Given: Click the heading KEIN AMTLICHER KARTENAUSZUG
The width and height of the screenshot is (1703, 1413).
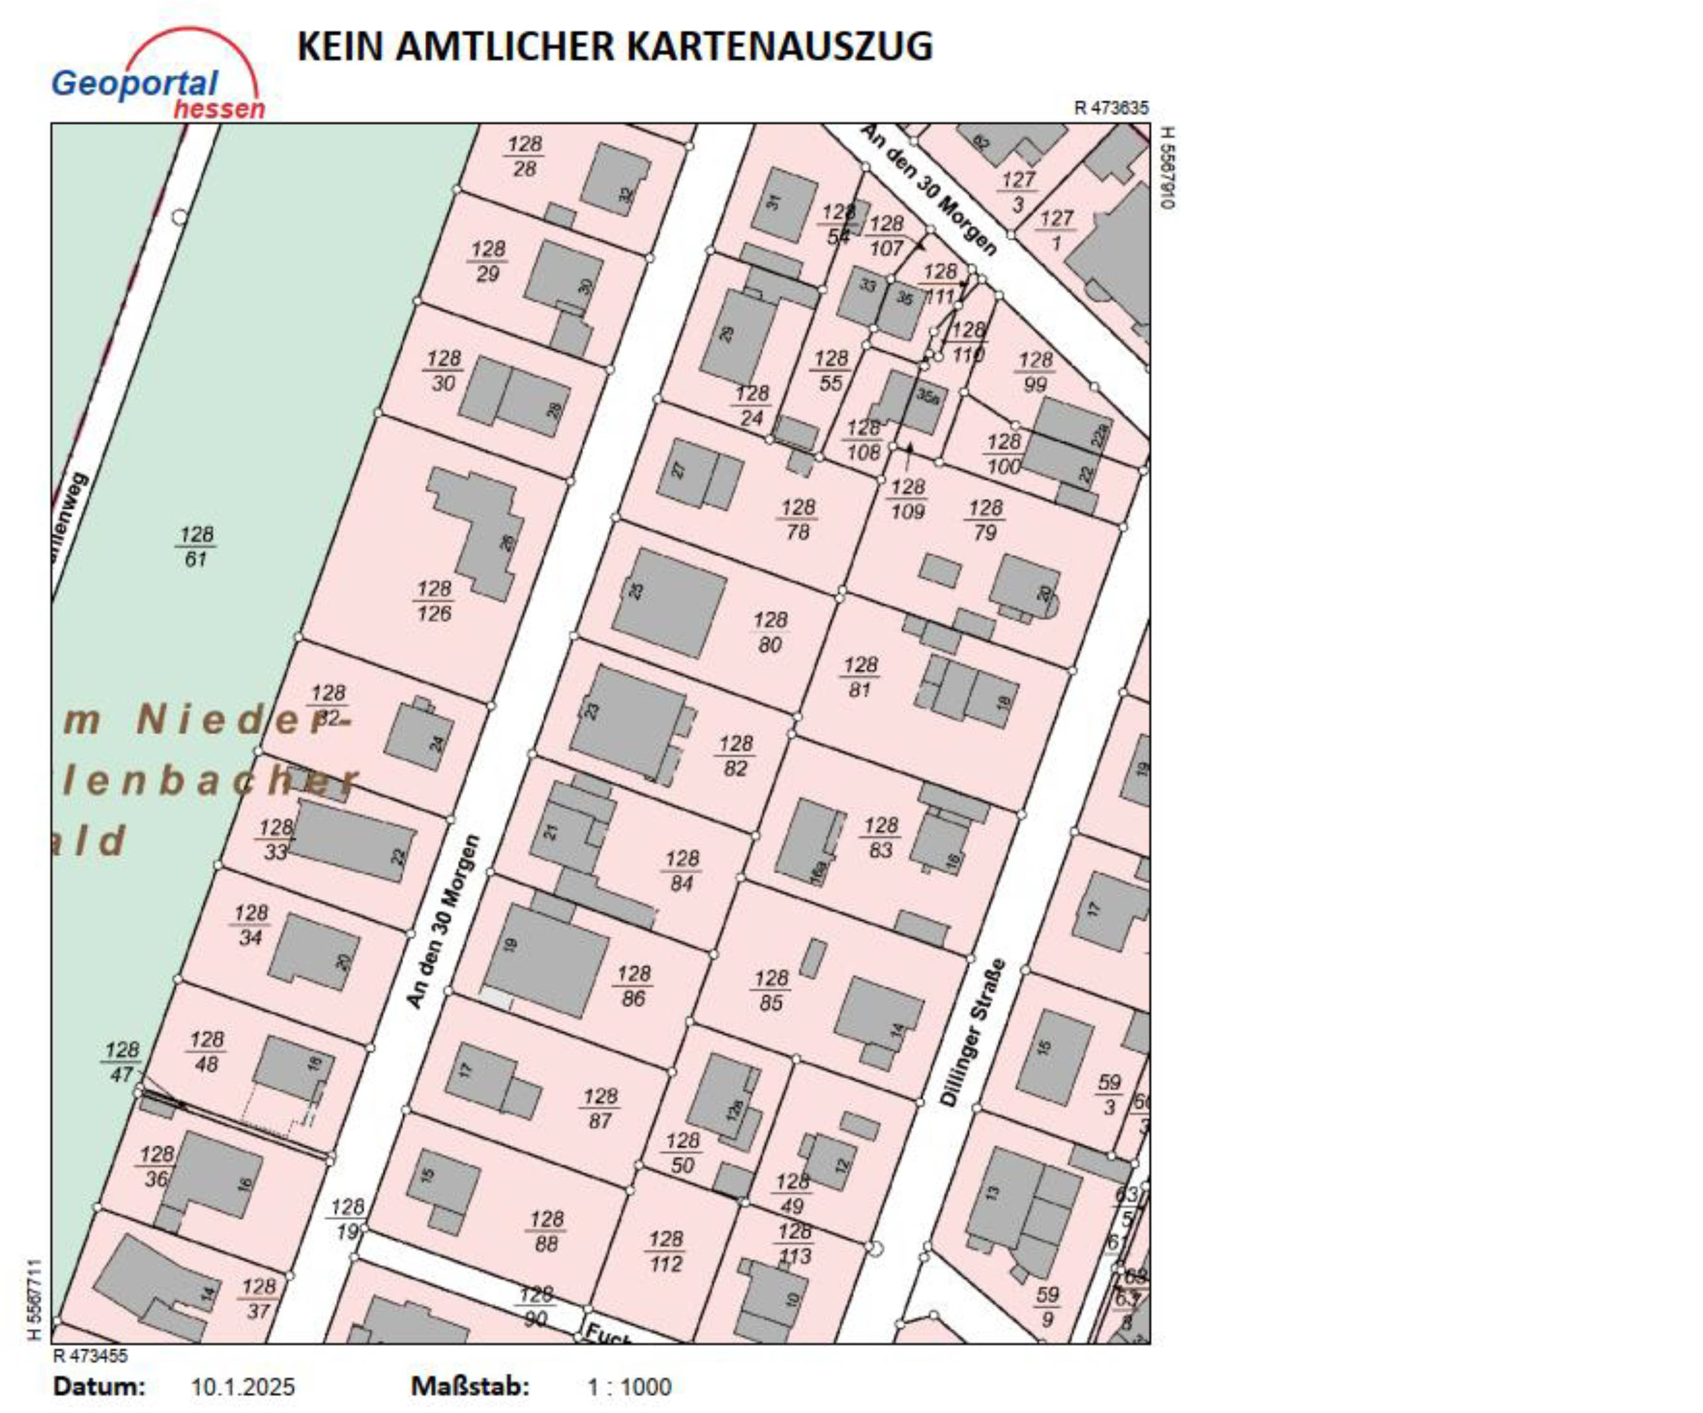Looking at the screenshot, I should coord(614,46).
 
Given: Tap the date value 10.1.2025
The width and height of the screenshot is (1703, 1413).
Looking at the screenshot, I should coord(243,1386).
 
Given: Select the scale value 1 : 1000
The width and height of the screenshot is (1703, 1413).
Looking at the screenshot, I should coord(630,1386).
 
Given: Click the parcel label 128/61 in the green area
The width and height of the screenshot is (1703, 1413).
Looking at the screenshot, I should coord(196,547).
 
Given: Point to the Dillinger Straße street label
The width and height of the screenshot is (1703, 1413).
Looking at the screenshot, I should coord(973,1032).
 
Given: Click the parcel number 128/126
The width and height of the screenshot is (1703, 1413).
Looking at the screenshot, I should coord(434,601).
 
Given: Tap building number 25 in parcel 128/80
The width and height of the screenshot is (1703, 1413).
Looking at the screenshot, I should coord(669,602).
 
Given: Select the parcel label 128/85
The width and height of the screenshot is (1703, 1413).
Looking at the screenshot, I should coord(771,990).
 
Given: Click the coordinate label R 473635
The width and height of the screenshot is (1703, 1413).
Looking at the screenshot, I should coord(1111,108).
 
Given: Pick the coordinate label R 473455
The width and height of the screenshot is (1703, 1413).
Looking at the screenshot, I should coord(90,1355).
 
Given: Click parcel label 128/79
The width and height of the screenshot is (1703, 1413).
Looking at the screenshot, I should coord(985,520).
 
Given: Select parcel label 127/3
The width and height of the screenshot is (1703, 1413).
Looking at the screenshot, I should coord(1018,191).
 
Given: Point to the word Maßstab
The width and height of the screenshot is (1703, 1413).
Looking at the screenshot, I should coord(470,1386).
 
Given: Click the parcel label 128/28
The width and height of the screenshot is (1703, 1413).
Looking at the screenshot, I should coord(525,156).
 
